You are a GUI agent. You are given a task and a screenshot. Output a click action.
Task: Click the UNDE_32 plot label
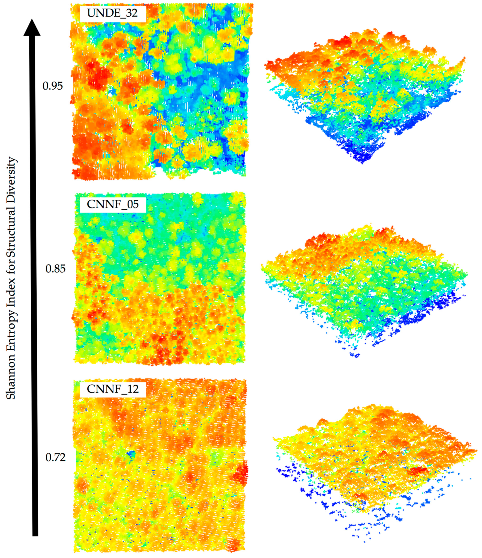click(113, 13)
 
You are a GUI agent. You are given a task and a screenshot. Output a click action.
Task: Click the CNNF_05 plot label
click(113, 204)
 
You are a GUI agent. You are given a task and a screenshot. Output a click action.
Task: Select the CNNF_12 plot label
click(113, 389)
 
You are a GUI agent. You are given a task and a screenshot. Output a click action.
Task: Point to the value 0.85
click(55, 269)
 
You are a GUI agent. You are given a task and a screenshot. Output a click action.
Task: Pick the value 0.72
click(55, 457)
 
